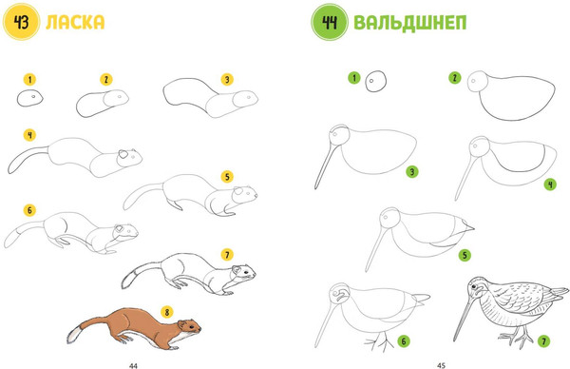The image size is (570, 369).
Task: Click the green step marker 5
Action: [x=465, y=255]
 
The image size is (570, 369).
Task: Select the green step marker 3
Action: [x=412, y=172]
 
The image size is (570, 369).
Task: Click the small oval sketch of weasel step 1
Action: [x=30, y=99]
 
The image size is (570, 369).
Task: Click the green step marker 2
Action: [x=455, y=78]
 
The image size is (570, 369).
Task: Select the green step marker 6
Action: [x=404, y=340]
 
